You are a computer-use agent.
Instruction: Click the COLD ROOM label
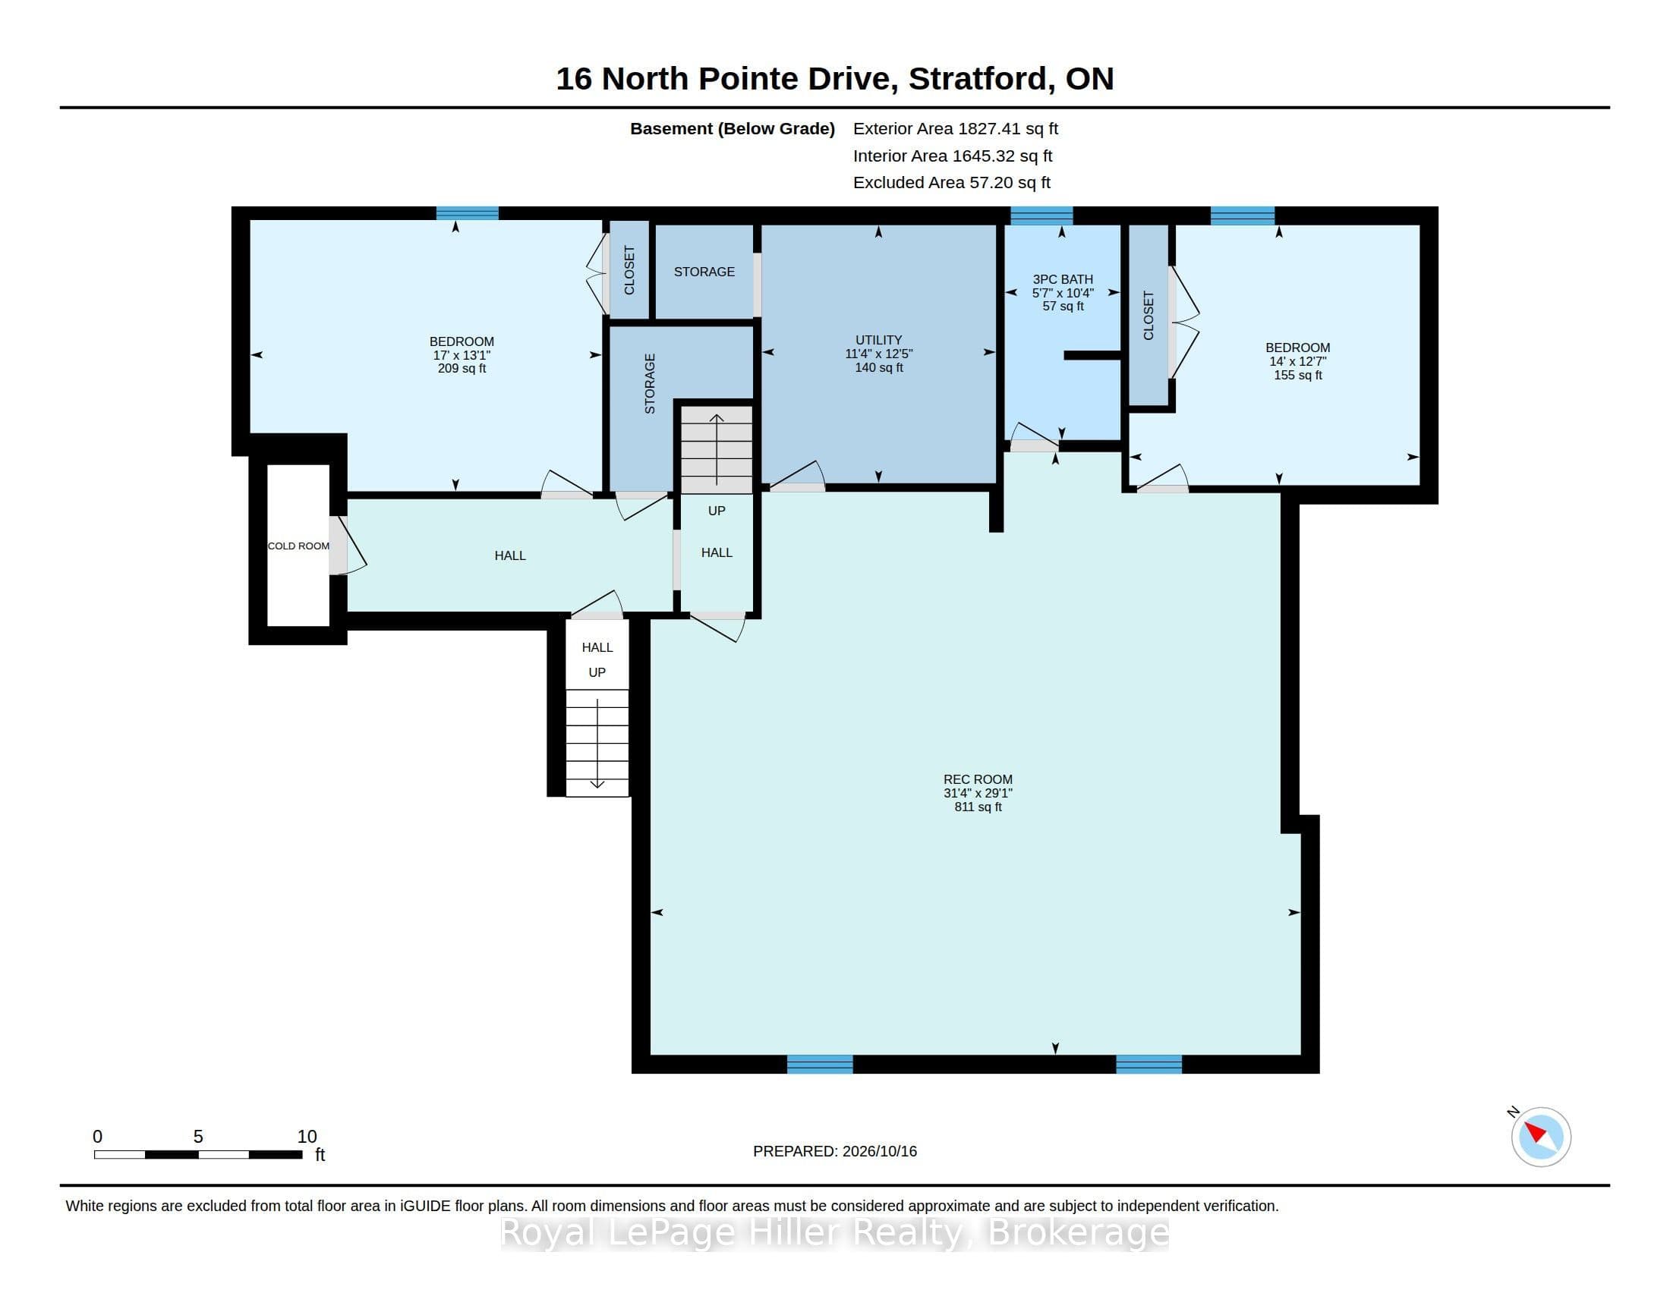coord(298,546)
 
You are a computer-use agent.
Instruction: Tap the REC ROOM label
coord(977,779)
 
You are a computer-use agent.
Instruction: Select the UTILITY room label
coord(878,340)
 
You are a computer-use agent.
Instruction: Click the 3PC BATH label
coord(1063,280)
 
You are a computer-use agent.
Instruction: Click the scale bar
coord(198,1154)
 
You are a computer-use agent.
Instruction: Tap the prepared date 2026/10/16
coord(879,1151)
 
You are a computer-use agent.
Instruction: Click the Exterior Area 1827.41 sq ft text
coord(956,128)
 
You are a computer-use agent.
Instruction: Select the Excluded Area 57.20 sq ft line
coord(952,183)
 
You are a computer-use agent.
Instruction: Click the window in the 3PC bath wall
coord(1041,216)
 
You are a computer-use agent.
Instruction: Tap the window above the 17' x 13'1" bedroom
coord(467,213)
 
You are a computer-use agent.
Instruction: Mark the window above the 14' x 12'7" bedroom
coord(1243,216)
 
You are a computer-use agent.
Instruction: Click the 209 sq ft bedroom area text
coord(462,368)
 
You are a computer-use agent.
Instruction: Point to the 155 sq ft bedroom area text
coord(1297,375)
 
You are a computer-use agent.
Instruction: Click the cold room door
coord(339,545)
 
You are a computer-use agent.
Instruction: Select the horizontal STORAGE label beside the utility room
coord(704,272)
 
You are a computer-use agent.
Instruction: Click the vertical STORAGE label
coord(650,384)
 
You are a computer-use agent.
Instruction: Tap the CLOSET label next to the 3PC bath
coord(1149,316)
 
